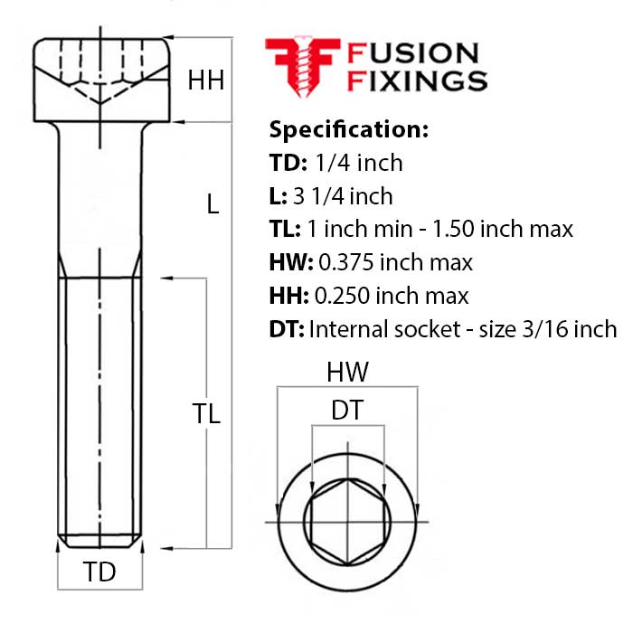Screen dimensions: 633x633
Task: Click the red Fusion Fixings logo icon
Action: (x=301, y=66)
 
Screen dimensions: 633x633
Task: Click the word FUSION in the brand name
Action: (x=413, y=53)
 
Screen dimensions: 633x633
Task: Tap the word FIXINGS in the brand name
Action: (x=418, y=80)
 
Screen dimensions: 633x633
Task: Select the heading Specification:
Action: (x=348, y=129)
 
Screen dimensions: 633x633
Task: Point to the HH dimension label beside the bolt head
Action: (x=205, y=80)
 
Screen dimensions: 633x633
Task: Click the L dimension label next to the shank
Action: (x=213, y=205)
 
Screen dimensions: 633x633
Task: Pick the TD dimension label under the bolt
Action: (x=99, y=572)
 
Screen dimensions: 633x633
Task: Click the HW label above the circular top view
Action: (x=347, y=372)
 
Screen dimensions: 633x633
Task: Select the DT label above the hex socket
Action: (x=346, y=411)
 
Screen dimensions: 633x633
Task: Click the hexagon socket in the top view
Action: (x=347, y=523)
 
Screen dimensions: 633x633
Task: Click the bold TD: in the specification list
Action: (x=288, y=164)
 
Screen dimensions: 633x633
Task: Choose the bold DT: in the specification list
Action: (x=287, y=329)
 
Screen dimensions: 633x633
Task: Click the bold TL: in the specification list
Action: (x=288, y=230)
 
